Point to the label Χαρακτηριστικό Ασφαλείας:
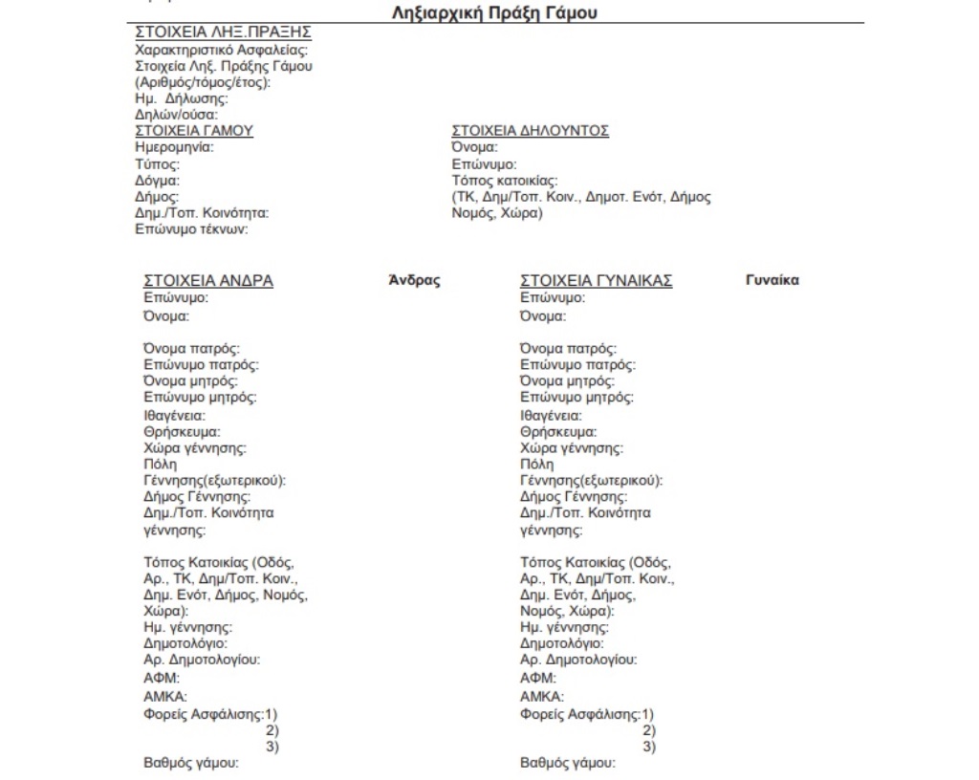pos(227,51)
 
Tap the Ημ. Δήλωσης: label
pos(181,98)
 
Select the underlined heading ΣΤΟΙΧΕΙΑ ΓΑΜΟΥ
pos(195,131)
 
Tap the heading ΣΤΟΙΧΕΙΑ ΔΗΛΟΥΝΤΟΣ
pos(530,131)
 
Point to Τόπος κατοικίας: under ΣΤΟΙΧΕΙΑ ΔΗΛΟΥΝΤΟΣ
pos(505,180)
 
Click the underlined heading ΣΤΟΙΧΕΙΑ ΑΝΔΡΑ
pos(208,281)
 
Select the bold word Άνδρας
pos(413,280)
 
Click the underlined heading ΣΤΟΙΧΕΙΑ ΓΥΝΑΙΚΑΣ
pos(596,281)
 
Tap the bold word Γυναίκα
pos(771,280)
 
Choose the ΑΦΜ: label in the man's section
pos(161,678)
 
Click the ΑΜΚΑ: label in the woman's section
pos(541,696)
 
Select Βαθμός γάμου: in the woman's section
pos(567,763)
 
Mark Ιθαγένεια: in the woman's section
pos(551,416)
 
